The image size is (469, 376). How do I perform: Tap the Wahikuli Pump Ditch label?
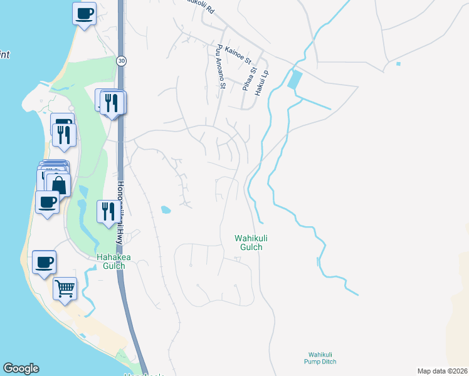[323, 358]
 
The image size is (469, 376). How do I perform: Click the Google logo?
[21, 368]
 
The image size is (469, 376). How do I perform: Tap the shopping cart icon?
[65, 288]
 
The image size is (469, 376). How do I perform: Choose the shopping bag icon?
[58, 185]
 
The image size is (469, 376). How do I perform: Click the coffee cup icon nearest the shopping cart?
[43, 263]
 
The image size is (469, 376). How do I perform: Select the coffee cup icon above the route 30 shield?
[84, 12]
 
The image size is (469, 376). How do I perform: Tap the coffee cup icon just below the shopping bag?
[47, 202]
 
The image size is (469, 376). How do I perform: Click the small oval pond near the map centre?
[166, 209]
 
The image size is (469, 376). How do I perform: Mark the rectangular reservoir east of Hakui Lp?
[294, 80]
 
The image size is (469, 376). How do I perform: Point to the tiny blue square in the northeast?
[398, 63]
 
